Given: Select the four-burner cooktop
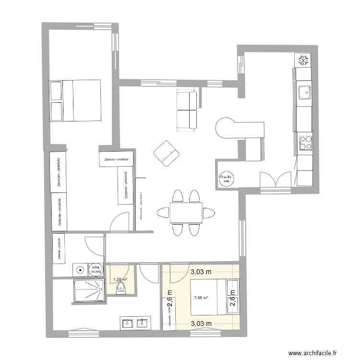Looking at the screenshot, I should click(x=305, y=143).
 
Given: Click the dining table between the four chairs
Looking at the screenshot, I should click(x=185, y=212).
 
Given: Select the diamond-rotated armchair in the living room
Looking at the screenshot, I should click(x=166, y=154).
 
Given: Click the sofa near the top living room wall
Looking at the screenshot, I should click(x=187, y=110).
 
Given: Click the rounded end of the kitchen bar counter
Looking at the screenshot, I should click(x=225, y=128).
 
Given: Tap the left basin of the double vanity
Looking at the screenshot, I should click(x=127, y=324).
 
